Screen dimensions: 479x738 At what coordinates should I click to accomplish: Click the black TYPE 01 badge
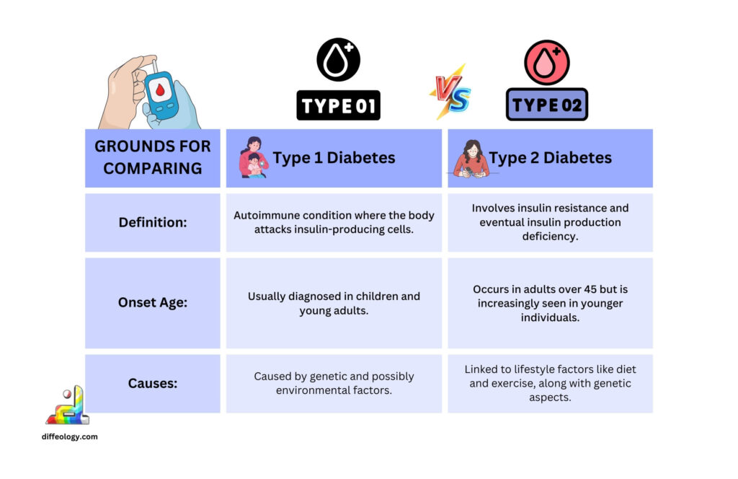pyautogui.click(x=338, y=105)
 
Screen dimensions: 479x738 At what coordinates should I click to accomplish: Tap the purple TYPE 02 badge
pyautogui.click(x=547, y=105)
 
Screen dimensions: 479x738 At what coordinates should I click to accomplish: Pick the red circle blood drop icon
pyautogui.click(x=547, y=62)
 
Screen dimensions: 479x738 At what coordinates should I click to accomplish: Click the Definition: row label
pyautogui.click(x=153, y=222)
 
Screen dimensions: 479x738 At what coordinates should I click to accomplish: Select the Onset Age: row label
pyautogui.click(x=153, y=303)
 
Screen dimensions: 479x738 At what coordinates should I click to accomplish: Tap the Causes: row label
pyautogui.click(x=153, y=383)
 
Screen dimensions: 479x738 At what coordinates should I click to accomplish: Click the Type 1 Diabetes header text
pyautogui.click(x=334, y=158)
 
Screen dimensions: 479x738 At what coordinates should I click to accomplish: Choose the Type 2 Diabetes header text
pyautogui.click(x=551, y=158)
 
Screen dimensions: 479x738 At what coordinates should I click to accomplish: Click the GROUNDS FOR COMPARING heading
pyautogui.click(x=153, y=157)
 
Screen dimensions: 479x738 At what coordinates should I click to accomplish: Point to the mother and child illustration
pyautogui.click(x=253, y=157)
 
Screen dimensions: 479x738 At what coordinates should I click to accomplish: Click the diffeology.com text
pyautogui.click(x=70, y=436)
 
